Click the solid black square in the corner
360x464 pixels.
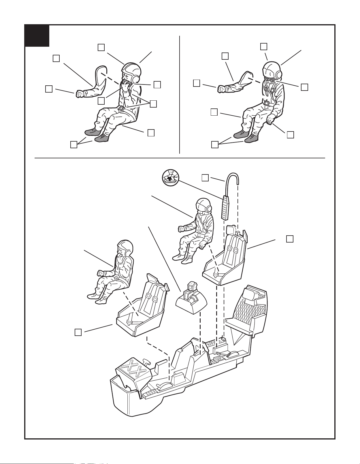[37, 36]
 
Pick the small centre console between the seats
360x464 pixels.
[191, 300]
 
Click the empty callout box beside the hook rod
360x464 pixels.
[205, 178]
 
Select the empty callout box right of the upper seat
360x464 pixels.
[290, 239]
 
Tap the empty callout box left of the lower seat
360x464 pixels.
[78, 332]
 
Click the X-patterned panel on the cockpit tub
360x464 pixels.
[133, 370]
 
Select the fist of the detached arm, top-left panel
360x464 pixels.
[80, 94]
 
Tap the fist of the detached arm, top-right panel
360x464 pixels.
[221, 88]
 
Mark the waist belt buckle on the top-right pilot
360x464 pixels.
[267, 103]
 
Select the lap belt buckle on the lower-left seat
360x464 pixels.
[134, 317]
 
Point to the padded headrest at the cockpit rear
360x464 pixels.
[249, 293]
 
